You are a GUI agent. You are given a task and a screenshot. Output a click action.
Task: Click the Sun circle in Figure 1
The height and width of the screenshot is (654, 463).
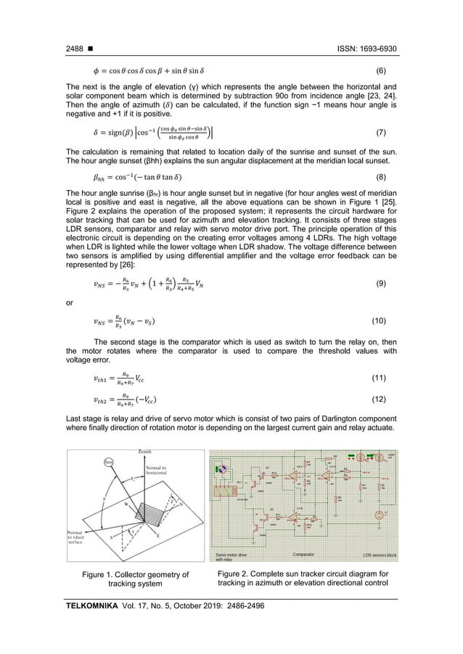pos(109,461)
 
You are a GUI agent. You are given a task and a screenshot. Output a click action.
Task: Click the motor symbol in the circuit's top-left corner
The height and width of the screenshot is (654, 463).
pos(221,469)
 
